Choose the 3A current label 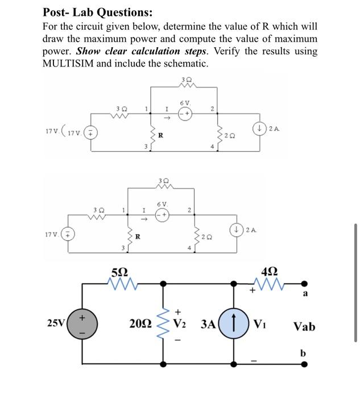coord(209,326)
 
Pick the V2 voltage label coord(180,325)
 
